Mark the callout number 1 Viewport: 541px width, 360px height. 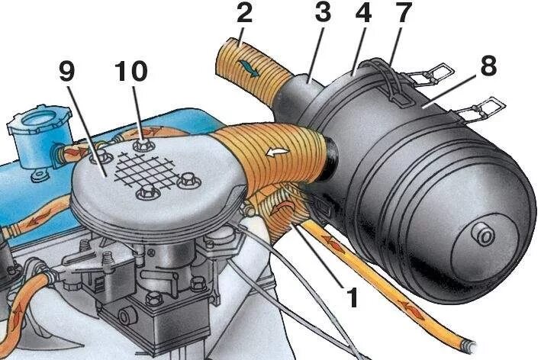click(352, 297)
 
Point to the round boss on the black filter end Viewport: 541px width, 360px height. click(482, 234)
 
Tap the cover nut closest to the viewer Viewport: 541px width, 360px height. click(146, 194)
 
